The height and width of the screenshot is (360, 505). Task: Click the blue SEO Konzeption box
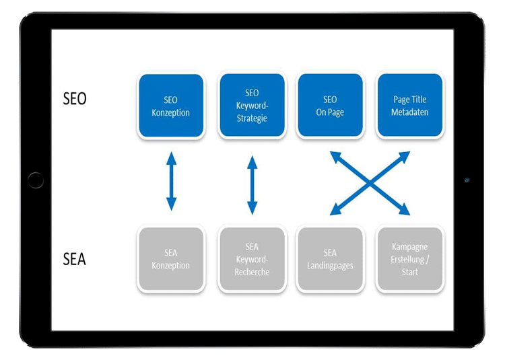[170, 106]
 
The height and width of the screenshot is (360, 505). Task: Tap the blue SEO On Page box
[330, 106]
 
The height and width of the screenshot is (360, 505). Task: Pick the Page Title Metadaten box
[409, 106]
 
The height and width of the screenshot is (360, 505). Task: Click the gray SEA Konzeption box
[170, 259]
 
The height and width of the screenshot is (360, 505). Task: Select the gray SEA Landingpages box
[330, 259]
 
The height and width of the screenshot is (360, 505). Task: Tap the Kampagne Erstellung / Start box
[409, 259]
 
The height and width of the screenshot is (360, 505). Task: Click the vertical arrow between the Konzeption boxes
[171, 182]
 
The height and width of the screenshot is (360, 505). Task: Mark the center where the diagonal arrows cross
[370, 183]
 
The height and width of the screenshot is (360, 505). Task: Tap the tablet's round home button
[36, 180]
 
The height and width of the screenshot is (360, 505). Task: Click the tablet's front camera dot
[467, 180]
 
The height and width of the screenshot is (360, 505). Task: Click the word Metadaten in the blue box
[409, 112]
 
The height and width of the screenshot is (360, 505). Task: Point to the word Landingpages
[330, 265]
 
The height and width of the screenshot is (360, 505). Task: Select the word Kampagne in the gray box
[409, 247]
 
